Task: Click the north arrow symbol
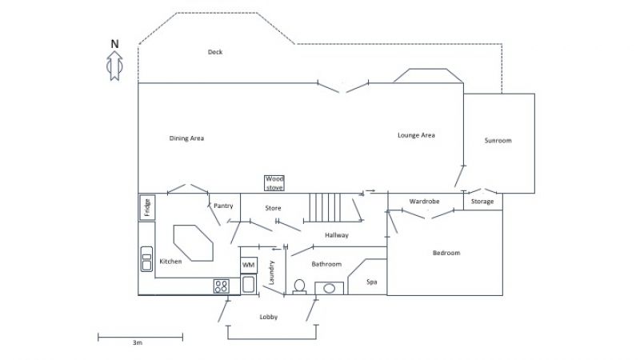tap(114, 66)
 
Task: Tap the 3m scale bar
tap(141, 337)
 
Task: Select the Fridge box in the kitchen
tap(147, 208)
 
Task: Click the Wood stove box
tap(274, 183)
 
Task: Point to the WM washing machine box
tap(249, 266)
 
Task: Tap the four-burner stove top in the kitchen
tap(222, 286)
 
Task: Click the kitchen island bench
tap(193, 243)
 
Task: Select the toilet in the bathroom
tap(299, 286)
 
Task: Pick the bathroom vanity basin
tap(329, 288)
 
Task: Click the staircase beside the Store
tap(325, 208)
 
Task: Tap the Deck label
tap(215, 52)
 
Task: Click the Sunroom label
tap(498, 141)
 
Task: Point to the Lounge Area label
tap(416, 135)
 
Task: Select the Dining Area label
tap(186, 138)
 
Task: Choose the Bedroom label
tap(446, 253)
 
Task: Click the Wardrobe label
tap(425, 202)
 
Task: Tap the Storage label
tap(482, 202)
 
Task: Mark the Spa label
tap(372, 282)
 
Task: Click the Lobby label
tap(269, 317)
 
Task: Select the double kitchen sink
tap(146, 259)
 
